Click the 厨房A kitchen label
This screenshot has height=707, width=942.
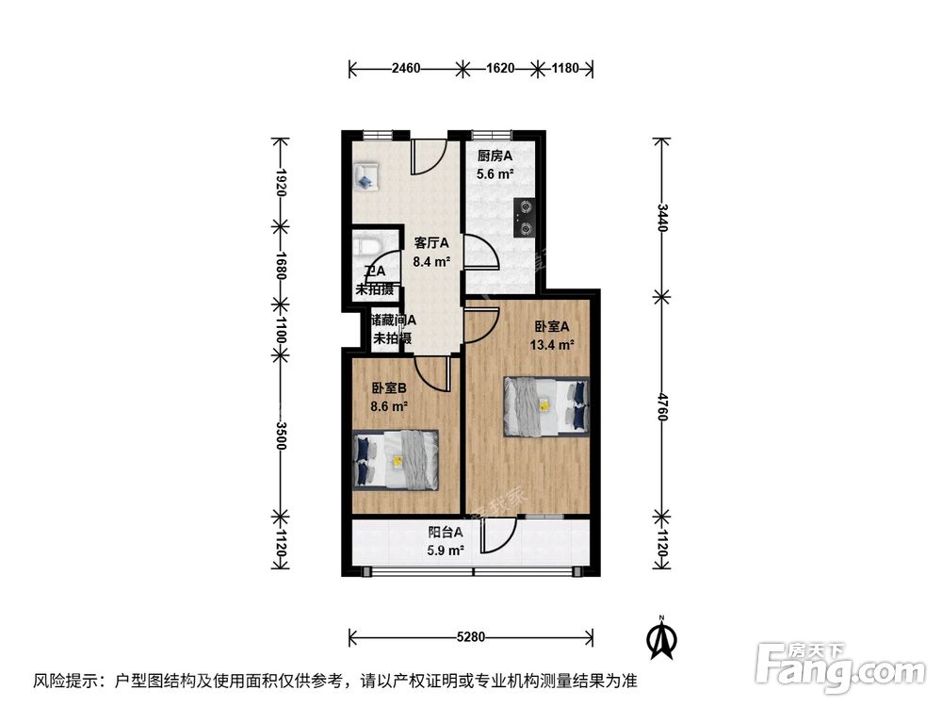coord(495,156)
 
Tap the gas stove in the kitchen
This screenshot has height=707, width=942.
coord(524,216)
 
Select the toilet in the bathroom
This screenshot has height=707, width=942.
coord(365,249)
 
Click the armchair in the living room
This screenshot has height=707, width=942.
coord(365,176)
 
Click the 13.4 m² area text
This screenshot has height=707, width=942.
coord(554,345)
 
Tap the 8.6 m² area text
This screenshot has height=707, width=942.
coord(389,407)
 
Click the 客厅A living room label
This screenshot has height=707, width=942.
coord(431,242)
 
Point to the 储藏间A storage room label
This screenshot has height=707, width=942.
coord(393,320)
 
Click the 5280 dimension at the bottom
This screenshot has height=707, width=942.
coord(470,637)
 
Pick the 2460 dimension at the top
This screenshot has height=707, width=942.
coord(405,68)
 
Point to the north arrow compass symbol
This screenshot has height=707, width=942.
coord(663,639)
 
